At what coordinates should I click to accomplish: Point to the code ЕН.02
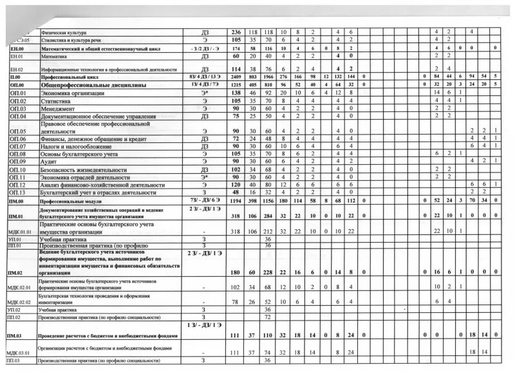coord(17,69)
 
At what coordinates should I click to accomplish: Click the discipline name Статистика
coord(56,101)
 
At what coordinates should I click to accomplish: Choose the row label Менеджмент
coord(58,109)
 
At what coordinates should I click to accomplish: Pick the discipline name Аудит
coord(49,161)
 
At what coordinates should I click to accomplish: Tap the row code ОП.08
coord(17,154)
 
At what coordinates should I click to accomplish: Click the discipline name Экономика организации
coord(72,93)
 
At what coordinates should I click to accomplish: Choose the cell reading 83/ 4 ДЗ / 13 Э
coord(203,77)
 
